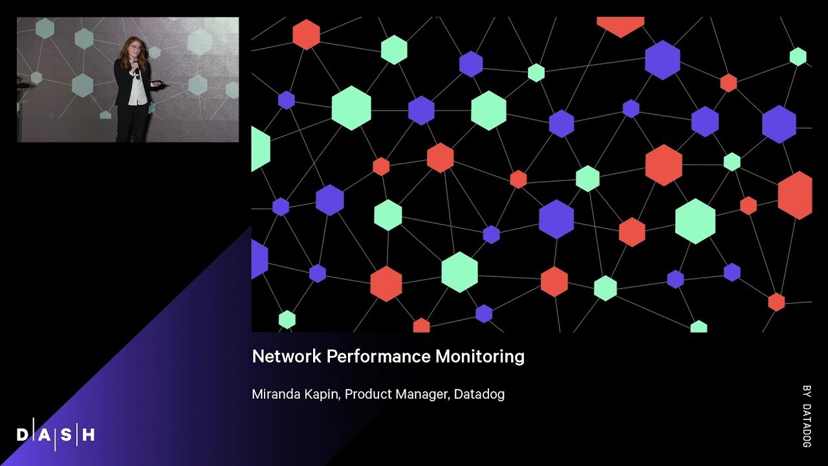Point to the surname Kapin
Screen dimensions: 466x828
coord(322,394)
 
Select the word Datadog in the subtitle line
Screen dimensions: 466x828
coord(479,394)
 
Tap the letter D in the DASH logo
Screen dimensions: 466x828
coord(23,435)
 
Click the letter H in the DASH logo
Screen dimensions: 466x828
coord(89,435)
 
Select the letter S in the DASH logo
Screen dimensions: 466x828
coord(67,435)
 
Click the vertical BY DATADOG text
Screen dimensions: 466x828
coord(806,417)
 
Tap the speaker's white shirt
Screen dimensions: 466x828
coord(136,91)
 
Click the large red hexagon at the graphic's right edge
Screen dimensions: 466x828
coord(795,195)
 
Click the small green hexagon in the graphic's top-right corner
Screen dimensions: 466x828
coord(798,56)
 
